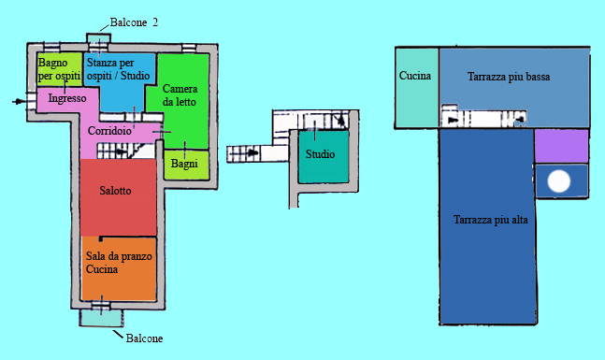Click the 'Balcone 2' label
(x=134, y=22)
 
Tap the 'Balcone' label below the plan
(x=144, y=338)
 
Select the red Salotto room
(x=118, y=197)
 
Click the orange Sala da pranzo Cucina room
(x=119, y=268)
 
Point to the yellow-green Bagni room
(x=186, y=165)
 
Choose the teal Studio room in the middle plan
(x=324, y=157)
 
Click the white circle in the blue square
(x=559, y=181)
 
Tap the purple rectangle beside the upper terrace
(x=561, y=146)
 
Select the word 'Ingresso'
(x=67, y=98)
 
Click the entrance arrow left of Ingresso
(x=19, y=102)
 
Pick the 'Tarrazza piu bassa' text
(x=509, y=77)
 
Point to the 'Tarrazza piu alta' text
(x=490, y=220)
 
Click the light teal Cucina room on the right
(x=417, y=88)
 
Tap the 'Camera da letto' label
(x=180, y=95)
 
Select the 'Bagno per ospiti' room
(x=60, y=69)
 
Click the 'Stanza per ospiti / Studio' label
(x=118, y=69)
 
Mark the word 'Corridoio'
(x=109, y=131)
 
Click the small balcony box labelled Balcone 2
(x=98, y=38)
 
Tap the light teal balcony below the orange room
(x=102, y=318)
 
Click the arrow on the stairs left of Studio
(x=252, y=152)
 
